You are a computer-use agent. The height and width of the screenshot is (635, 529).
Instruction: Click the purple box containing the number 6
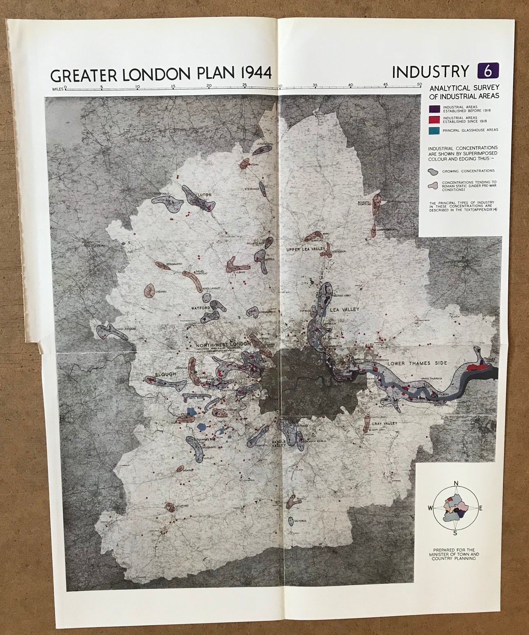[488, 71]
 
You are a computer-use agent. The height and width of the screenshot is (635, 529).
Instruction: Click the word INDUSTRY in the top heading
[430, 71]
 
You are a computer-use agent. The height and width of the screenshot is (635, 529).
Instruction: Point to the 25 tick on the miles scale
[244, 87]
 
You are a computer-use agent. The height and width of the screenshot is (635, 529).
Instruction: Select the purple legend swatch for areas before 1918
[434, 109]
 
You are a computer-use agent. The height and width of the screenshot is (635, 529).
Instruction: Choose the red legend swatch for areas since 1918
[434, 119]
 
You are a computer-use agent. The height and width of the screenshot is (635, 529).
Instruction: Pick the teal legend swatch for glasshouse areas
[434, 130]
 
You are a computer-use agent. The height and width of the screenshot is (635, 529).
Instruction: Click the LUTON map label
[204, 195]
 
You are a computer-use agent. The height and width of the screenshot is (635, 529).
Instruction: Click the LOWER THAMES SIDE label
[412, 363]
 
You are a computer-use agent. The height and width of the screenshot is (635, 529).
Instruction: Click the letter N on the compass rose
[456, 484]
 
